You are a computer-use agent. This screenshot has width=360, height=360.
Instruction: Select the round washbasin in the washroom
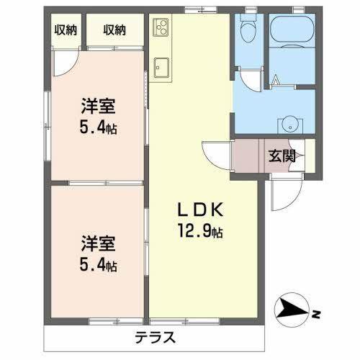(292, 122)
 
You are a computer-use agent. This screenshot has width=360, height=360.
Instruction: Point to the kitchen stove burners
(160, 28)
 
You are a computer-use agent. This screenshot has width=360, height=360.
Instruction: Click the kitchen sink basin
(161, 68)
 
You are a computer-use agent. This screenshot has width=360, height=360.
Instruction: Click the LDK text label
(204, 211)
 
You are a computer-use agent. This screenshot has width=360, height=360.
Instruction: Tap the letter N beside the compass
(315, 314)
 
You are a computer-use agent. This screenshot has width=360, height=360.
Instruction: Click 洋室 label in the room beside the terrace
(97, 243)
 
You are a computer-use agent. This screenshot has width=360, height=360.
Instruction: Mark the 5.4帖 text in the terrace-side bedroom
(98, 266)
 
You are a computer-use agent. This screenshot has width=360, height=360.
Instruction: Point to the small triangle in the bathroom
(275, 80)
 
